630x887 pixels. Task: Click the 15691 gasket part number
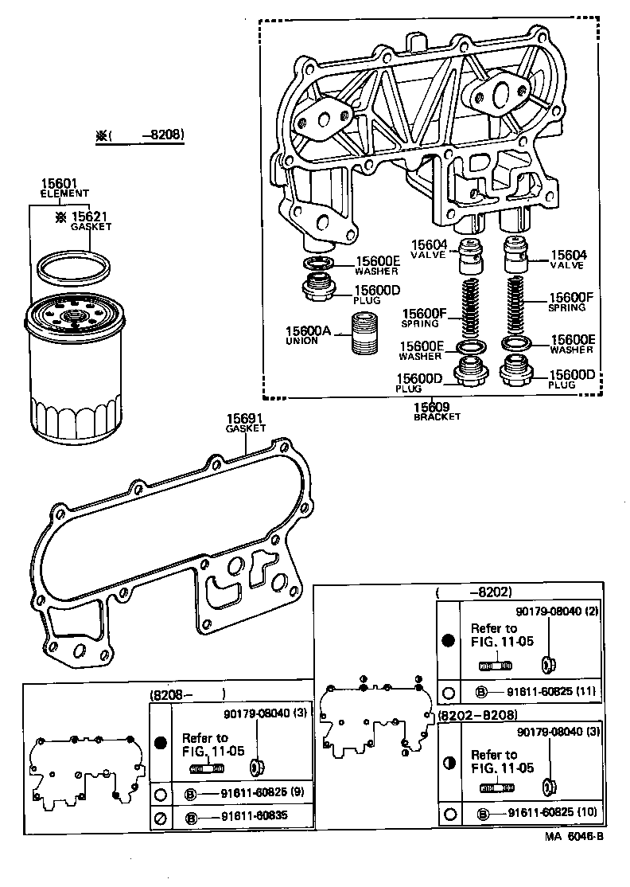[244, 419]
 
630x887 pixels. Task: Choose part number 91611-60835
[244, 817]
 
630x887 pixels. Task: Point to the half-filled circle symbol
[449, 762]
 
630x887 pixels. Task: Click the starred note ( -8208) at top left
[140, 136]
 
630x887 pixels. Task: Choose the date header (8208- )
[188, 694]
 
